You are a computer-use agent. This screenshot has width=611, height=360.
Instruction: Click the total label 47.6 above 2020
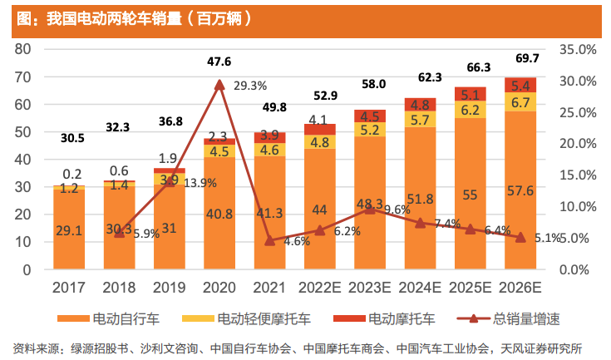point(219,61)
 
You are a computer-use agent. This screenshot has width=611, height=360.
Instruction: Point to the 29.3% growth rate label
point(250,85)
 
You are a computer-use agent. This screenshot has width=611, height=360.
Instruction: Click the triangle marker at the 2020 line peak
point(219,84)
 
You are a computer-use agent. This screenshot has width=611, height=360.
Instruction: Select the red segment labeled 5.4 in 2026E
point(520,85)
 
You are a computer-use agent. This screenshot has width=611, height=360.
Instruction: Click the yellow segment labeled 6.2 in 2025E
point(470,110)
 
